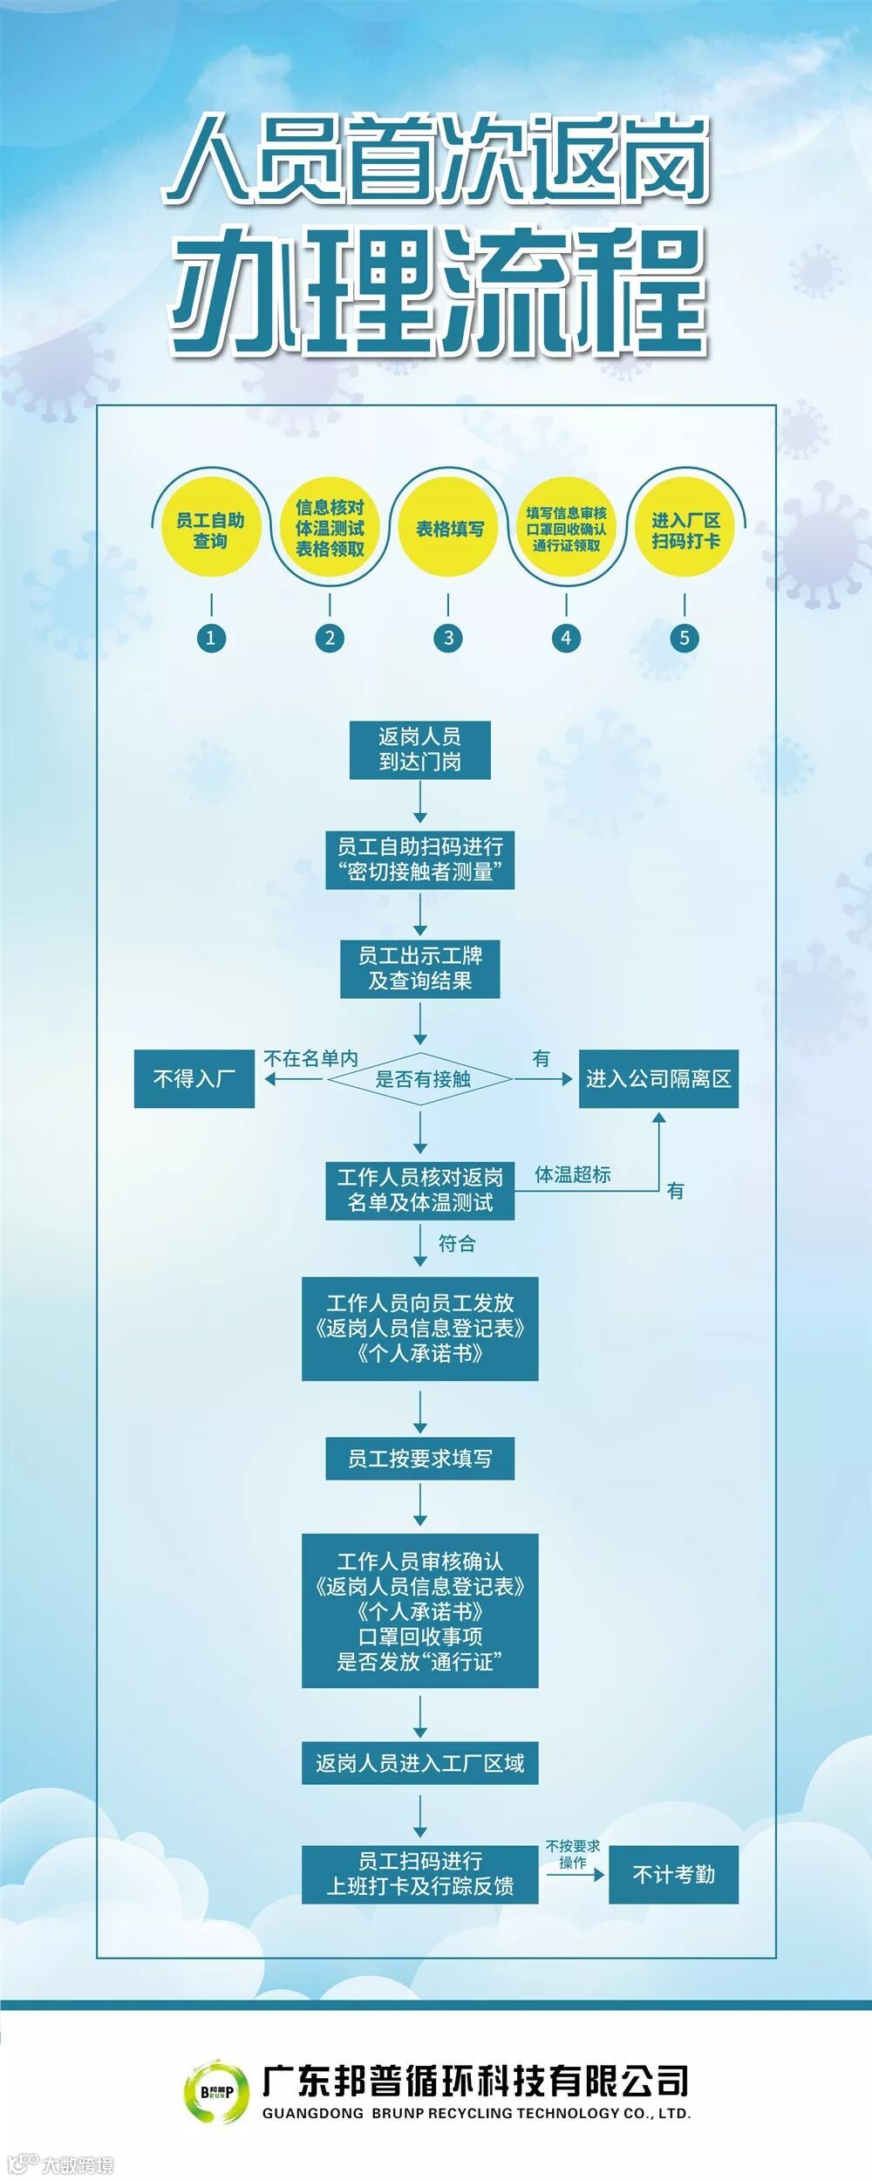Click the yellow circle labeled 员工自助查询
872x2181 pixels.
click(210, 530)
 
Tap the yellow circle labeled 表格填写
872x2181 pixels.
click(448, 529)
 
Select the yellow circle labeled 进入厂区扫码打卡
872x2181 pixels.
click(685, 530)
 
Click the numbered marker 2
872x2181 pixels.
click(330, 638)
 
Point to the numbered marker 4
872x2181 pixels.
click(566, 638)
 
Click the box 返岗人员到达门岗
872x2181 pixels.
click(419, 749)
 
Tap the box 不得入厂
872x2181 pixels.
click(194, 1079)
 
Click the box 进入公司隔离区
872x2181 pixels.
click(658, 1079)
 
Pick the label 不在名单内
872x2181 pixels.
click(311, 1058)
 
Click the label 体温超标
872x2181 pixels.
click(573, 1174)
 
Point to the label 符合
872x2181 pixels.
click(457, 1243)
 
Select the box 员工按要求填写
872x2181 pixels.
click(419, 1458)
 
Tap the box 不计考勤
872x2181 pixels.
click(673, 1874)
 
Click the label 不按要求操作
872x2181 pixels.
click(573, 1854)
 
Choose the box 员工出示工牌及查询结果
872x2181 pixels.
click(419, 968)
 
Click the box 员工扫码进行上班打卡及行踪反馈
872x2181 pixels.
click(419, 1874)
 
